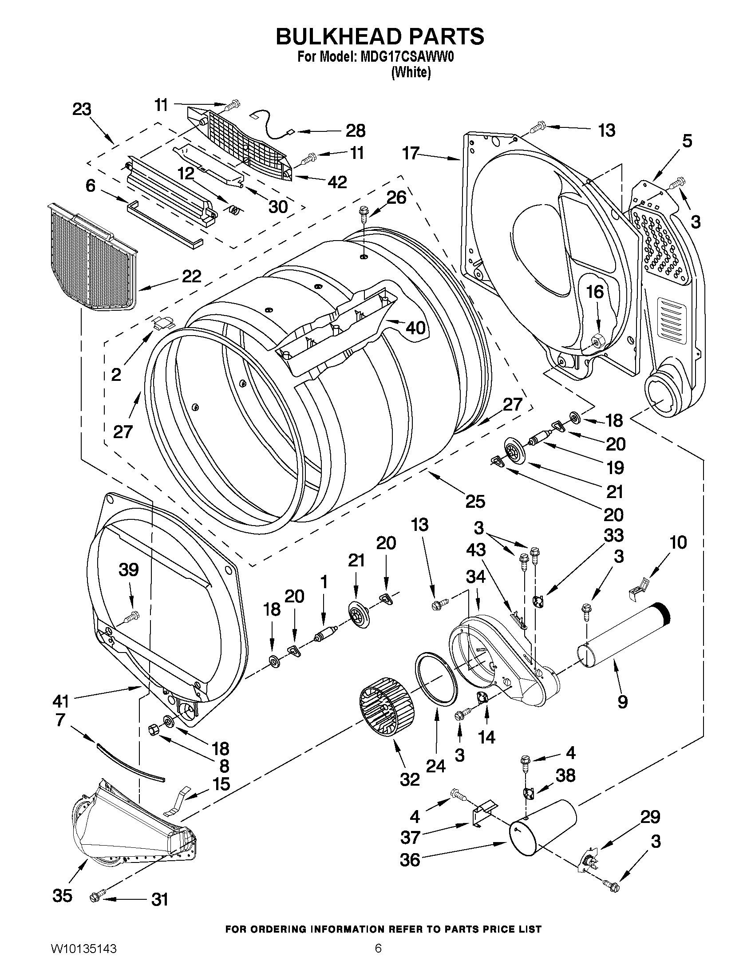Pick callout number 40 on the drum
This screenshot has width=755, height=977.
415,328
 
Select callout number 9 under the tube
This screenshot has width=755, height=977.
622,702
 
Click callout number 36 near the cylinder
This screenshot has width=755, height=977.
410,859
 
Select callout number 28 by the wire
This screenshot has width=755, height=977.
356,131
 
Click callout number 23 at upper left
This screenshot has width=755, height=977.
82,109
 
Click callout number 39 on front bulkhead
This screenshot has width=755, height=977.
128,570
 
